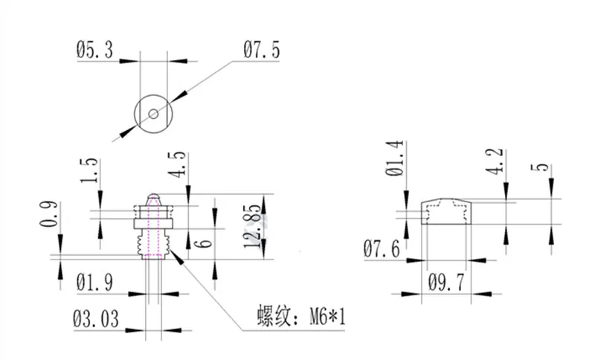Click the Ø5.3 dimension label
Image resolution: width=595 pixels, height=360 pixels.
point(95,50)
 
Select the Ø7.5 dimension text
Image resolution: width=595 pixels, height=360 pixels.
point(262,50)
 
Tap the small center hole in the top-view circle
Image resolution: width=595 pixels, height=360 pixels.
point(153,114)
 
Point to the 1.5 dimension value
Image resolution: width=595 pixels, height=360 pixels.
point(90,170)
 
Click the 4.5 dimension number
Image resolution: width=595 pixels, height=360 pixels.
point(178,164)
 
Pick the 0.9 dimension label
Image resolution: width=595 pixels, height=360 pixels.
point(49,214)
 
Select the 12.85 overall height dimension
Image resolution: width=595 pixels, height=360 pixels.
point(252,226)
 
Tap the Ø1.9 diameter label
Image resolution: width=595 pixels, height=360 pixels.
point(95,283)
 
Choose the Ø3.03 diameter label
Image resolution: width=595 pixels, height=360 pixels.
point(96,319)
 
